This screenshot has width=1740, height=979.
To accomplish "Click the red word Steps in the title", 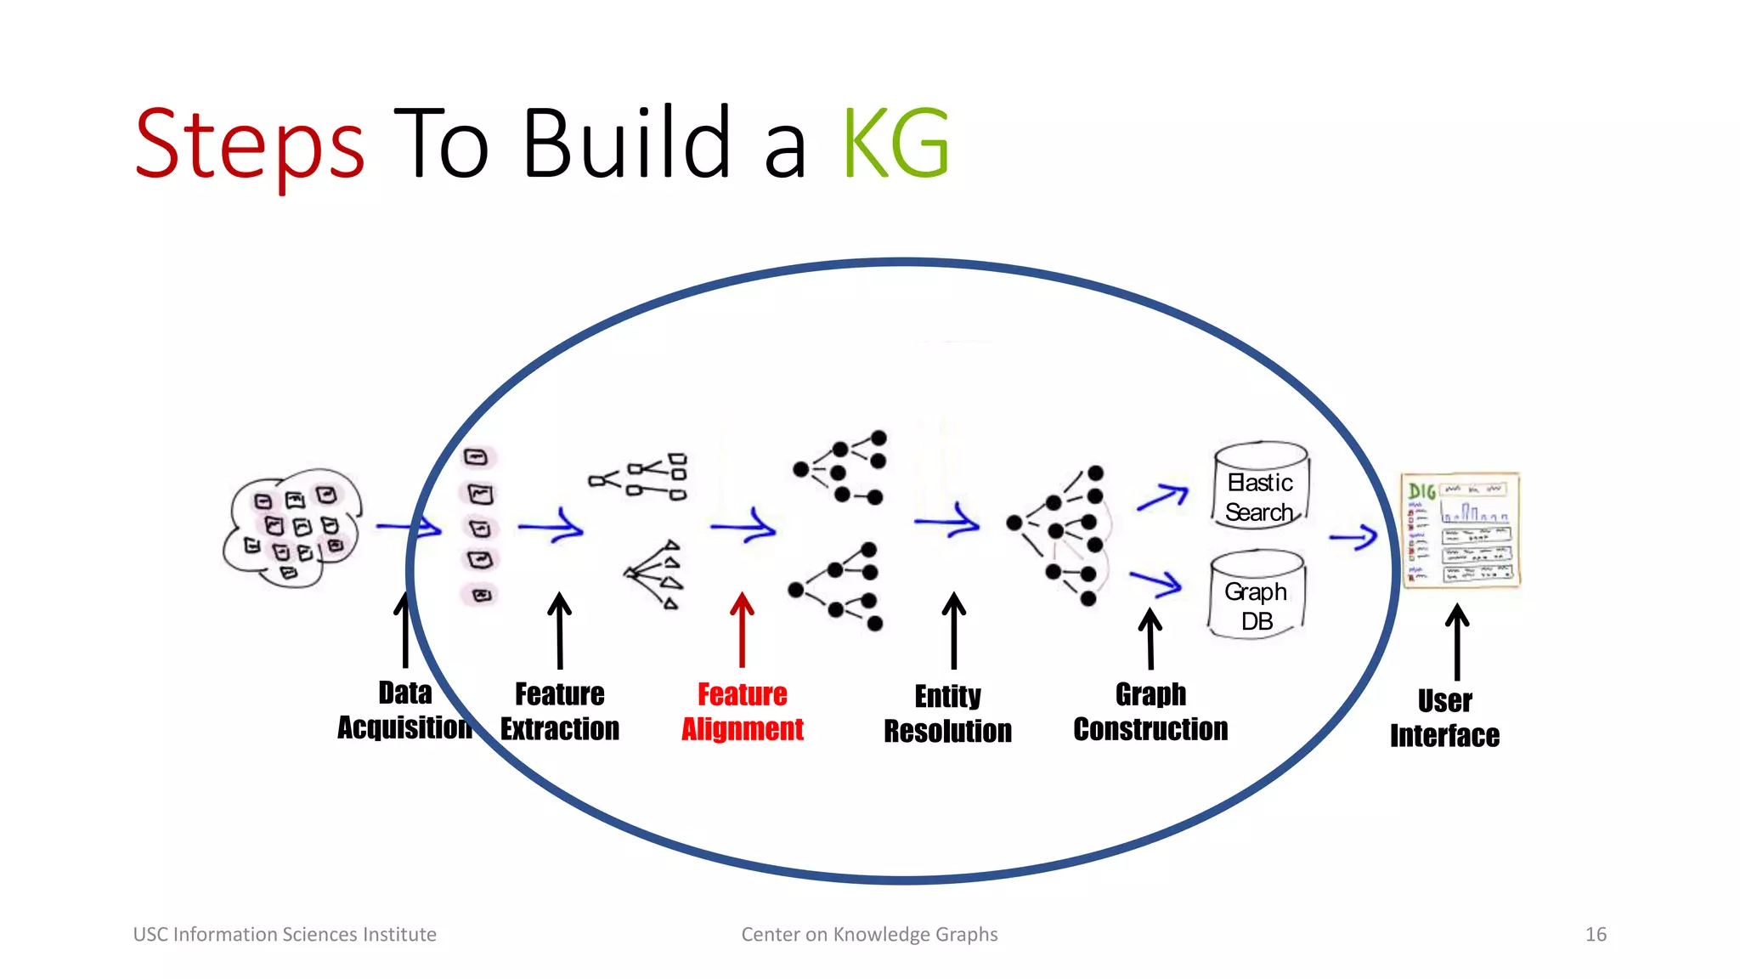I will [250, 144].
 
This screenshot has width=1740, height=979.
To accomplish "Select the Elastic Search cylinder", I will [1261, 486].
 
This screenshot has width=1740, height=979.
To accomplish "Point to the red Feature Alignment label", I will [743, 712].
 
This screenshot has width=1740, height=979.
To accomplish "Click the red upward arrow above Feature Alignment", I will [743, 629].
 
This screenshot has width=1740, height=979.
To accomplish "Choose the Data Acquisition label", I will [405, 710].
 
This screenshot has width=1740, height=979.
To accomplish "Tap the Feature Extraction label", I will [560, 712].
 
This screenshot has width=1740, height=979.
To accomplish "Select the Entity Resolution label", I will [948, 714].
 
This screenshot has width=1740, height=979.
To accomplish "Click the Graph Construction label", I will [1150, 712].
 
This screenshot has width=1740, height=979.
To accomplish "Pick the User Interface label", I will [1444, 719].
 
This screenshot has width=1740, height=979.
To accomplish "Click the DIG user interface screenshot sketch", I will [1460, 530].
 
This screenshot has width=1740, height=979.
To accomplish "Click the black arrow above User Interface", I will [1457, 641].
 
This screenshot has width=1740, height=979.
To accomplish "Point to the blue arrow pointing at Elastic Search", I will [1162, 496].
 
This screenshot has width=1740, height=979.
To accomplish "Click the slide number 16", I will [1596, 935].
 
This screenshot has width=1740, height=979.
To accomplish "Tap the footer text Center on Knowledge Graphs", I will [869, 935].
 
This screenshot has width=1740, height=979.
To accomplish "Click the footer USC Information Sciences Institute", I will [285, 935].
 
